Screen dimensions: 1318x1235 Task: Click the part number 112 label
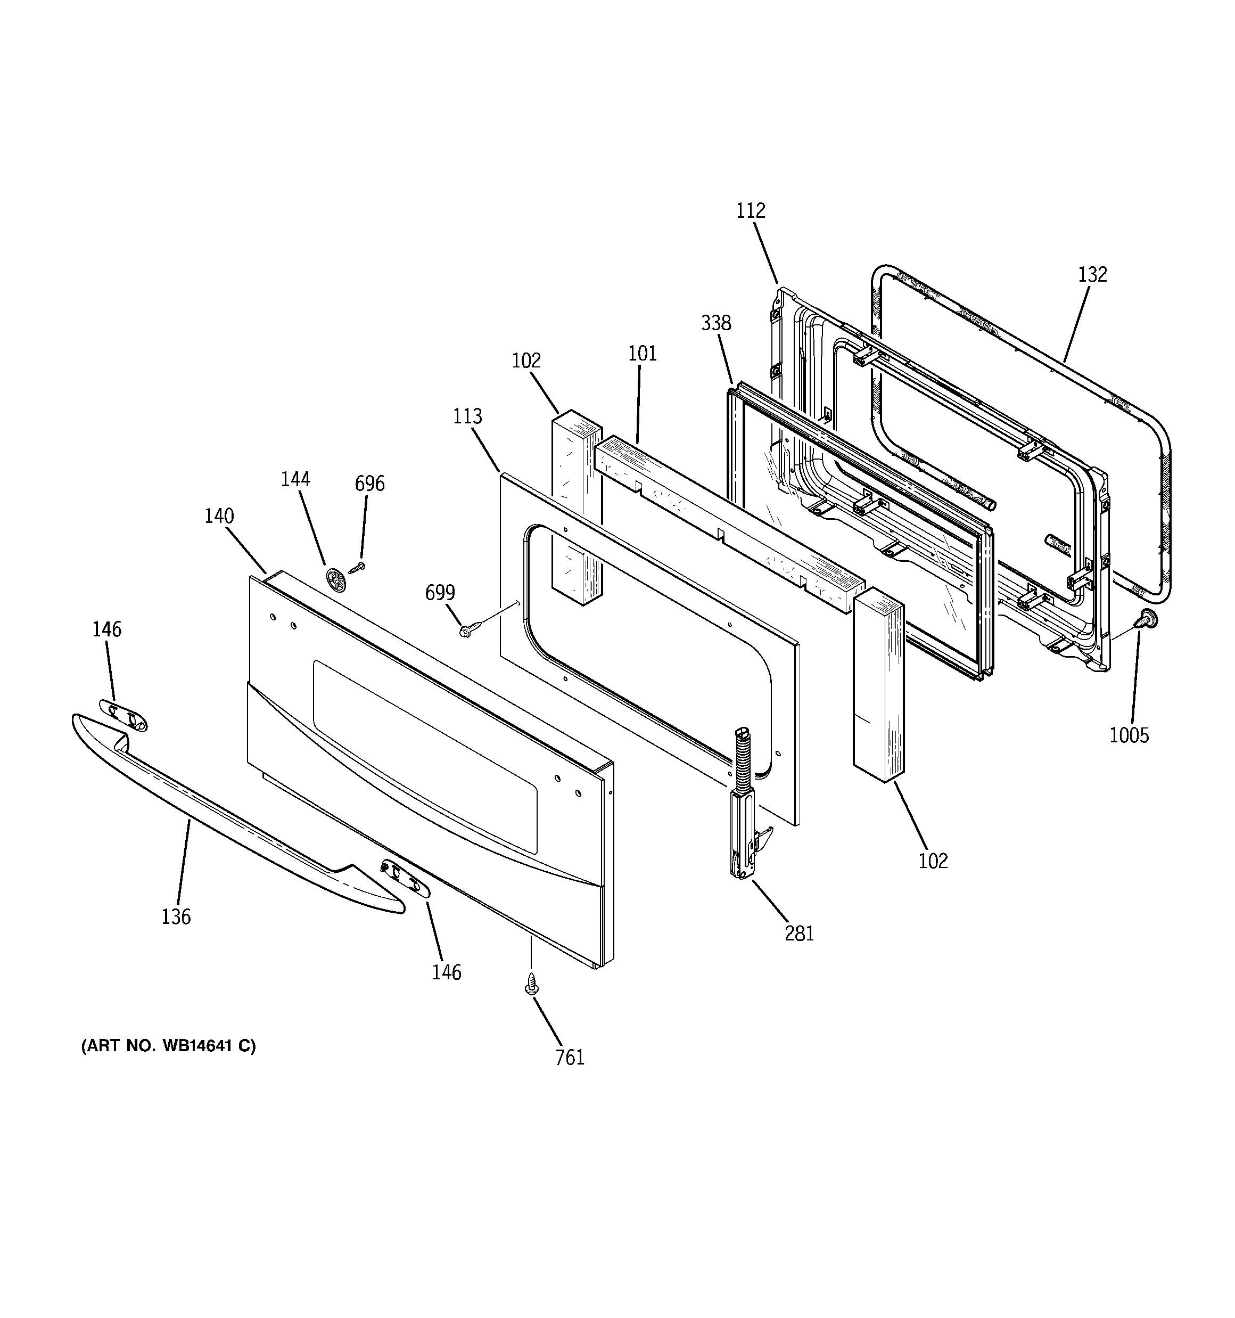coord(751,211)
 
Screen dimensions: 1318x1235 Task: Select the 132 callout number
coord(1092,274)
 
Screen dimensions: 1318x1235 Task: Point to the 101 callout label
coord(641,354)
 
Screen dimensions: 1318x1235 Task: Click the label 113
coord(467,416)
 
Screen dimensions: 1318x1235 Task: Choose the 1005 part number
coord(1129,735)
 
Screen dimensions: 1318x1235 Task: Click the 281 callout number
coord(799,934)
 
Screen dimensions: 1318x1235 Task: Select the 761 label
coord(570,1058)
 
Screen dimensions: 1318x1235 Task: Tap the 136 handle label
coord(176,917)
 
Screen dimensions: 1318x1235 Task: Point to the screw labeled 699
coord(466,631)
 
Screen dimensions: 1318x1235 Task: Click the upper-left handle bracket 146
coord(123,715)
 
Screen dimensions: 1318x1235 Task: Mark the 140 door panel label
coord(219,516)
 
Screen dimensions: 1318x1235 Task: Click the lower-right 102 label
coord(933,861)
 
